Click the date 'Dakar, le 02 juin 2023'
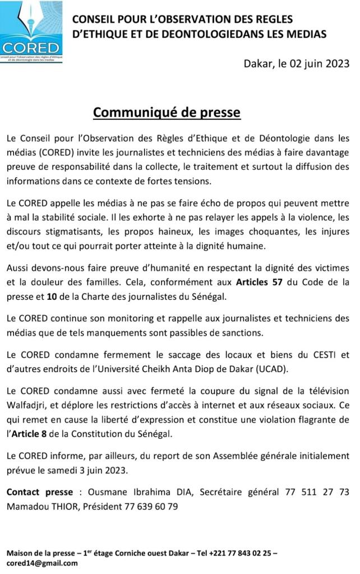297,63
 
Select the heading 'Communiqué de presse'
167,113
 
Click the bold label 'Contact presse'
39,492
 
